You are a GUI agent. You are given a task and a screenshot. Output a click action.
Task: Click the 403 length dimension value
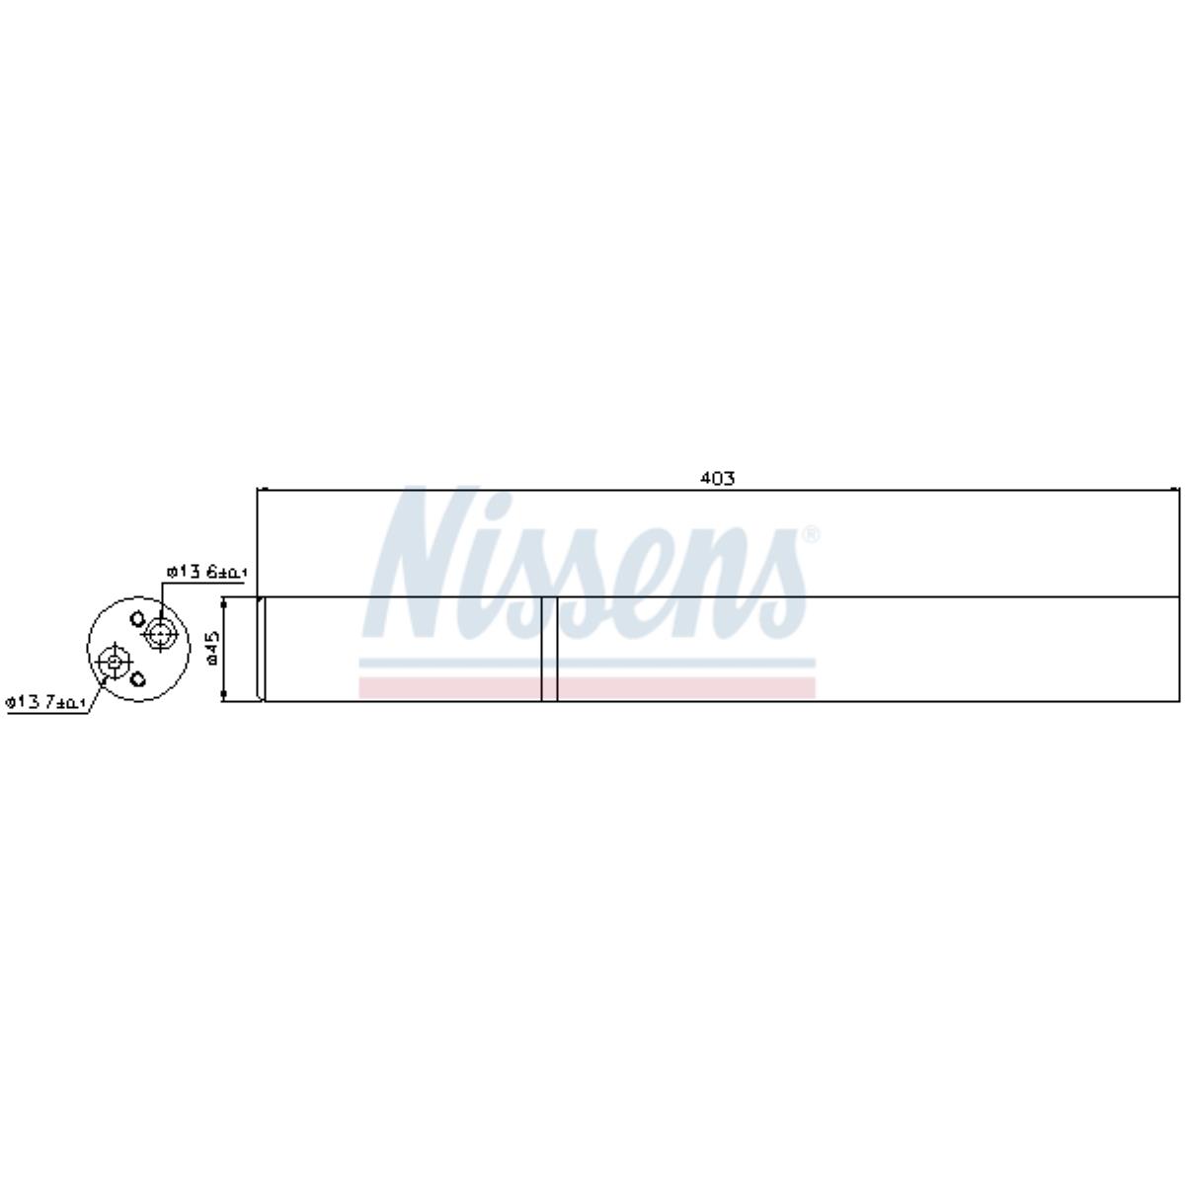pos(718,478)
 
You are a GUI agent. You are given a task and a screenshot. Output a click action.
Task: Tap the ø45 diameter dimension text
pos(211,649)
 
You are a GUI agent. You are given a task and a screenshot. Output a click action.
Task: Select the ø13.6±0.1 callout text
pos(207,572)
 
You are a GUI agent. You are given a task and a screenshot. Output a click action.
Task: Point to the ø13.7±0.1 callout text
pos(46,702)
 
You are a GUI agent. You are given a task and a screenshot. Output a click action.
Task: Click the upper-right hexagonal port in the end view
pos(159,633)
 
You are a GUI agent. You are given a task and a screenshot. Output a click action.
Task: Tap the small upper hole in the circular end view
pos(136,619)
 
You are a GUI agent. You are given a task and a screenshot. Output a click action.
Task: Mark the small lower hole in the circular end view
pos(138,678)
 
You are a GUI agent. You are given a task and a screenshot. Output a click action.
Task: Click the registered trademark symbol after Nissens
pos(810,535)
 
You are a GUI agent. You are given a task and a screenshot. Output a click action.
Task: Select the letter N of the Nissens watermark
pos(415,563)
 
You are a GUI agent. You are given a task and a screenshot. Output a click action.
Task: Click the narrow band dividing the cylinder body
pos(549,649)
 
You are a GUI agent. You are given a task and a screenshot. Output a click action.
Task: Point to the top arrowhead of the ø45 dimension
pos(225,601)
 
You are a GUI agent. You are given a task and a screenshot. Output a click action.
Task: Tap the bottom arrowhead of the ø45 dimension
pos(225,697)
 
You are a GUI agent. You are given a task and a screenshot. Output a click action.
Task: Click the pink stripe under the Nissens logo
pos(588,688)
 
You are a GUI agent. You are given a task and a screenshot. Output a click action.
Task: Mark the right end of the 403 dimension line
pos(1178,489)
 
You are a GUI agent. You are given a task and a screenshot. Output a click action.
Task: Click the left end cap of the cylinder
pos(262,649)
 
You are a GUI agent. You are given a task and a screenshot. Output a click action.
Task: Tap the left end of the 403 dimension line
pos(258,489)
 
